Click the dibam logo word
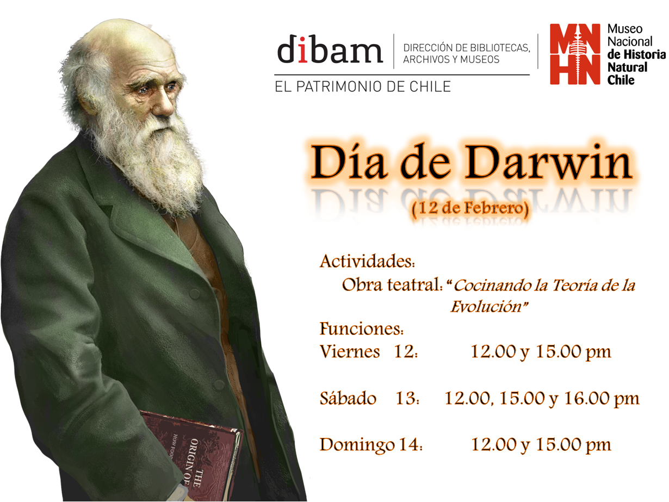tap(330, 49)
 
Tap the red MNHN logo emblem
tap(575, 54)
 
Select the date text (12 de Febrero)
tap(470, 209)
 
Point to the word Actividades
tap(367, 261)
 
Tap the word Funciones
tap(362, 329)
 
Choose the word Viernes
tap(350, 352)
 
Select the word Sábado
tap(348, 398)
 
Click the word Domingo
tap(357, 445)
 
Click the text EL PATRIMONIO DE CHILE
tap(363, 86)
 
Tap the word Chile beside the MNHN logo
tap(621, 80)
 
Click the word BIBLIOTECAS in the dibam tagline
tap(499, 48)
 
